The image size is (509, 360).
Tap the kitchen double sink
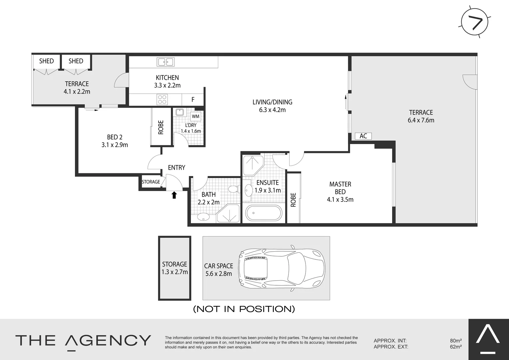(166, 62)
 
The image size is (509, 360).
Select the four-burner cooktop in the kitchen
(162, 99)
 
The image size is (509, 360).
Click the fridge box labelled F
(193, 99)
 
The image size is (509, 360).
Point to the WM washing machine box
(196, 116)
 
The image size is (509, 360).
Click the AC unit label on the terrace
(363, 136)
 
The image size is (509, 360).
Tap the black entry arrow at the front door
(174, 195)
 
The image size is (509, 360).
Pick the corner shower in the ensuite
(252, 165)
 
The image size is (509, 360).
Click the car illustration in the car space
(281, 268)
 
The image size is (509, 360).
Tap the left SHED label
(46, 61)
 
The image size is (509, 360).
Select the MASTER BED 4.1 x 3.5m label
(340, 192)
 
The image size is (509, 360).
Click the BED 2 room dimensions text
(115, 145)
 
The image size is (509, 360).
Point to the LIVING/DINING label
(272, 102)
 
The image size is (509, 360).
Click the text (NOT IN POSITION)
(244, 309)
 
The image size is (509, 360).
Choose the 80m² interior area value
(455, 341)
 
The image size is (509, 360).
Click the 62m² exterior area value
(455, 347)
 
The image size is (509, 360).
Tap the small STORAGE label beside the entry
(151, 182)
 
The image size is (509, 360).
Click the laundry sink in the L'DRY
(180, 112)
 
